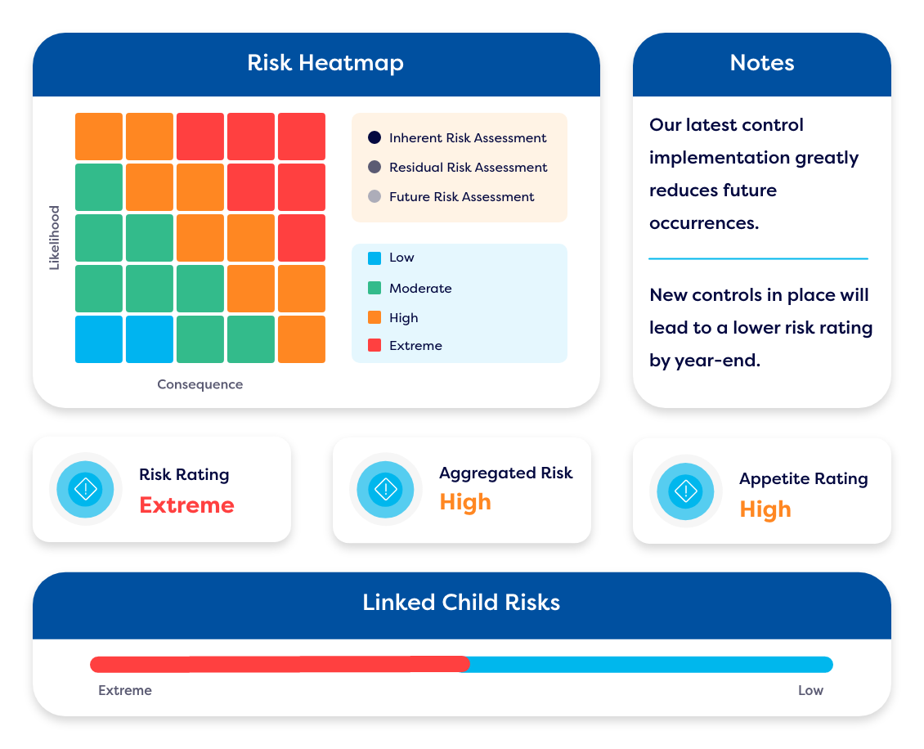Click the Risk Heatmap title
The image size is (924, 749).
coord(325,63)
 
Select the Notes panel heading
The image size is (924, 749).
coord(761,63)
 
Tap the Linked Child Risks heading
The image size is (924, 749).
coord(461,603)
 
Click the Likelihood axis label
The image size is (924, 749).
coord(55,238)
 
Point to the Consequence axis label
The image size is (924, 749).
coord(200,384)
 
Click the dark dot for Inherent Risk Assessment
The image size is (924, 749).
coord(375,137)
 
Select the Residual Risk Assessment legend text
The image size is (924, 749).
coord(468,167)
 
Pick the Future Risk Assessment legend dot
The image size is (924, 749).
coord(375,196)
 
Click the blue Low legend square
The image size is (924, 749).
coord(375,258)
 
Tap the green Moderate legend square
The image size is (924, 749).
coord(375,288)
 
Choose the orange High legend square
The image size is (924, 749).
coord(375,317)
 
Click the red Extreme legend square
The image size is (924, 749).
coord(375,345)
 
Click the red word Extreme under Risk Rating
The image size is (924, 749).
coord(186,505)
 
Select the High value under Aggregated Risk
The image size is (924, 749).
coord(465,502)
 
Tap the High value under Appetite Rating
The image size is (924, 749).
coord(765,509)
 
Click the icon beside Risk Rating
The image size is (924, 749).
coord(85,490)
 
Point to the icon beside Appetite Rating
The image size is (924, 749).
coord(685,491)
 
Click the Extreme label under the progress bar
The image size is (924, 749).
coord(125,690)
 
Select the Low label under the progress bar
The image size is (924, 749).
coord(810,690)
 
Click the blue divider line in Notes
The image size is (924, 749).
coord(758,258)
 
